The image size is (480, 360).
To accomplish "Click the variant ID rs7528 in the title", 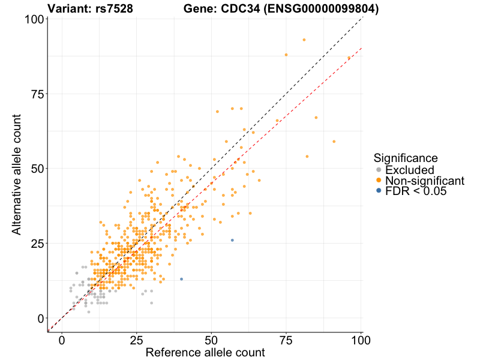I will click(x=114, y=9).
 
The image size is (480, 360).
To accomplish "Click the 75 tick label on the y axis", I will click(x=35, y=94).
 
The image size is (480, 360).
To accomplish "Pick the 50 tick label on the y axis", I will click(x=35, y=169).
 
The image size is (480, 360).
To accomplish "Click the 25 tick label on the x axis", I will click(x=137, y=340).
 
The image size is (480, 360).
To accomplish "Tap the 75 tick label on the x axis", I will click(x=286, y=340).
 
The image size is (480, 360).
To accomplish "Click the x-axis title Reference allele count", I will click(x=205, y=353).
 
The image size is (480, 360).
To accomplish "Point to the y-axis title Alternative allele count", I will click(x=17, y=169).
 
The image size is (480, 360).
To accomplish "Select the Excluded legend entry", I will click(x=409, y=170).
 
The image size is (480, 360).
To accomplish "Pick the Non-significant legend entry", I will click(x=425, y=181).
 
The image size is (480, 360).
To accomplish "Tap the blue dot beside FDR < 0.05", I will click(x=378, y=191).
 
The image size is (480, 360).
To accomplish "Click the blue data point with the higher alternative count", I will click(x=232, y=240).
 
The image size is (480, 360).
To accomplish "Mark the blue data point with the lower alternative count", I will click(x=181, y=279).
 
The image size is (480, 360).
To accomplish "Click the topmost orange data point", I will click(x=304, y=40).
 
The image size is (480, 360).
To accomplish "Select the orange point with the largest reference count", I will click(x=349, y=58).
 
